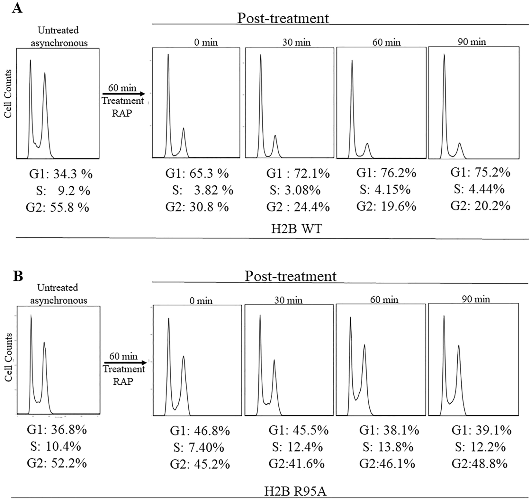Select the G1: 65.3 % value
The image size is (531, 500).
point(197,174)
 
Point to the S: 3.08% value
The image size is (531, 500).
point(295,190)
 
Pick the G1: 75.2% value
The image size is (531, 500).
point(480,173)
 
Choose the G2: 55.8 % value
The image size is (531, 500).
point(58,208)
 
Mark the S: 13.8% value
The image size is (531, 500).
point(388,447)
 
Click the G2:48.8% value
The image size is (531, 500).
point(480,464)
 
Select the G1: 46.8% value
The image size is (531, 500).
point(200,431)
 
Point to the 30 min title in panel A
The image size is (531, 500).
point(296,42)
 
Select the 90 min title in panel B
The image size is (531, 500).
point(476,299)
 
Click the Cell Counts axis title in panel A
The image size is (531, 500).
point(8,94)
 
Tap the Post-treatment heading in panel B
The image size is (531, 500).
point(291,276)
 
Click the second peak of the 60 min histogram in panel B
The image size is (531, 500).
point(364,346)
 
